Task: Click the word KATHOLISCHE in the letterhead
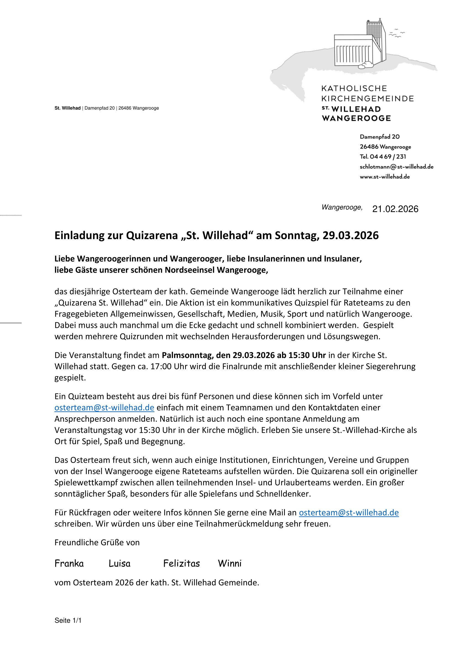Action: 354,89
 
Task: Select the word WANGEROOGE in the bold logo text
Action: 356,118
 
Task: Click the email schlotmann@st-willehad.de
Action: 396,167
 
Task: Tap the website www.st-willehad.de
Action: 385,177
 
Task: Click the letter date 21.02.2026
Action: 395,209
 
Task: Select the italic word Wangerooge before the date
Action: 342,207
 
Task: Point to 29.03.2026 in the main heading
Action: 350,236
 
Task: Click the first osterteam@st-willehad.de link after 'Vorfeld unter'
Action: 104,408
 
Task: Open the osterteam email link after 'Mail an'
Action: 349,513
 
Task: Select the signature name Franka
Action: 69,564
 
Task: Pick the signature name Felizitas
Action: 182,564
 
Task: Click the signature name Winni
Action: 230,564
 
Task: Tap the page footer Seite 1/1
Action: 68,620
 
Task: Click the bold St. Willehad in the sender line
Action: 67,108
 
